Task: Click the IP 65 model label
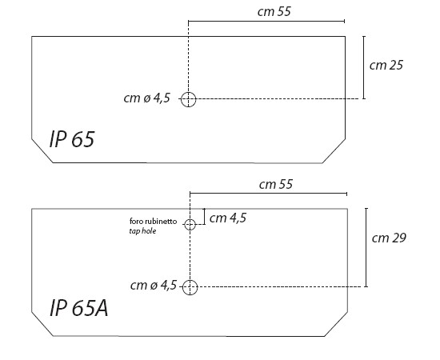click(x=71, y=139)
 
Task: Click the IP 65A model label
click(x=78, y=308)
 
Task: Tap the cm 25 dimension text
click(x=386, y=65)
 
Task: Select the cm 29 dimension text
click(x=389, y=238)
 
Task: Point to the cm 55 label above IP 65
click(x=274, y=11)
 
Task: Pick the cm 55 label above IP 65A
click(x=276, y=184)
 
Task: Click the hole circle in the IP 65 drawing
click(x=188, y=92)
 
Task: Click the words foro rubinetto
click(x=154, y=221)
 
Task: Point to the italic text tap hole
click(x=142, y=231)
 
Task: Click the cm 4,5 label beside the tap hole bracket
click(x=228, y=218)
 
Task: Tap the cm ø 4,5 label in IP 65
click(x=146, y=98)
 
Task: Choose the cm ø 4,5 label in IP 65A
click(x=154, y=285)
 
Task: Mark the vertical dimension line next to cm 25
click(x=364, y=67)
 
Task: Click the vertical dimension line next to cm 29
click(x=366, y=247)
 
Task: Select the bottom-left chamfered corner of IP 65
click(x=42, y=150)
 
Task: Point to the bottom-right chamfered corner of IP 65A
click(x=336, y=324)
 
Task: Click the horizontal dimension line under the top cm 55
click(x=266, y=21)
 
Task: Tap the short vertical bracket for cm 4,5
click(x=205, y=216)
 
